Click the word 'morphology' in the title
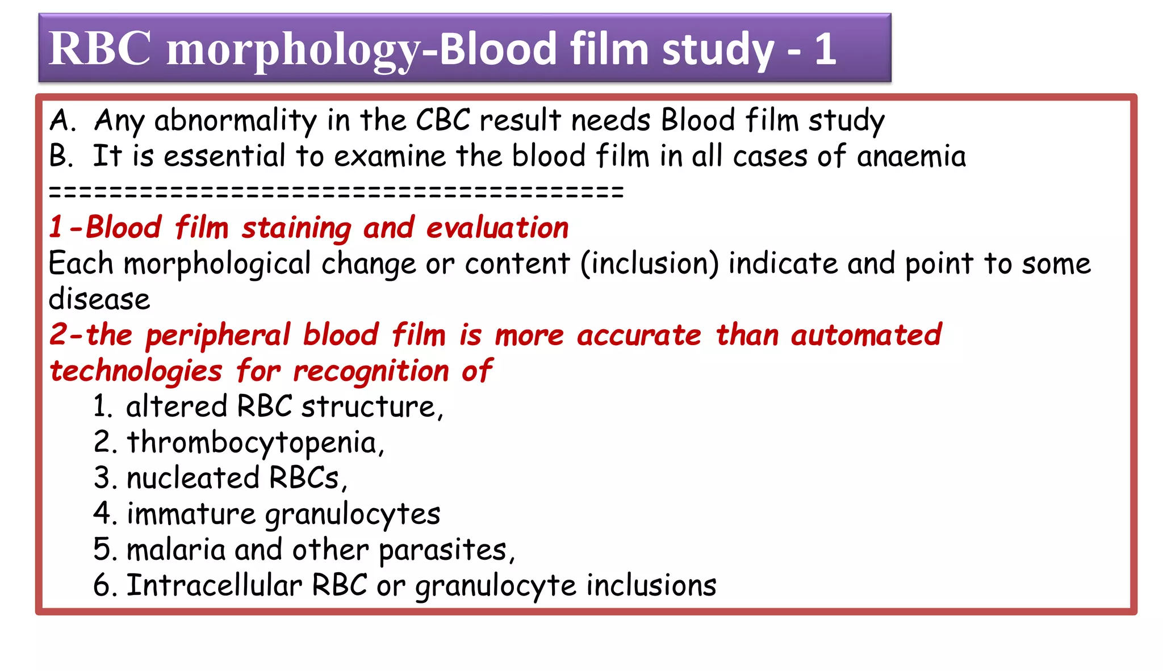(292, 50)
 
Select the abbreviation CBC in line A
(443, 120)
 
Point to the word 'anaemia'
(911, 157)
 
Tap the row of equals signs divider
(336, 192)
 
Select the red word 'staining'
(297, 228)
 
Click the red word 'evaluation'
(497, 228)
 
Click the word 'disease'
(99, 299)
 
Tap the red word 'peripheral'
(218, 335)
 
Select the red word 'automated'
(866, 335)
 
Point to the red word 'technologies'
(136, 371)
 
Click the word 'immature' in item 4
(191, 514)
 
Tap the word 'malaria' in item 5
(176, 550)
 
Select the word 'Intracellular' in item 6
(214, 585)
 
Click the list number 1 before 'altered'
(102, 407)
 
